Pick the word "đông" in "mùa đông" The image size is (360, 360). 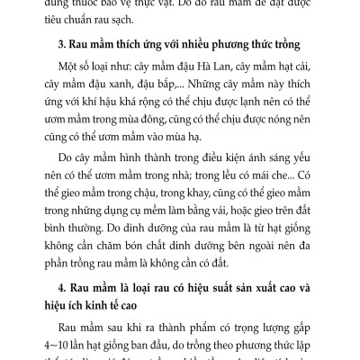(191, 139)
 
